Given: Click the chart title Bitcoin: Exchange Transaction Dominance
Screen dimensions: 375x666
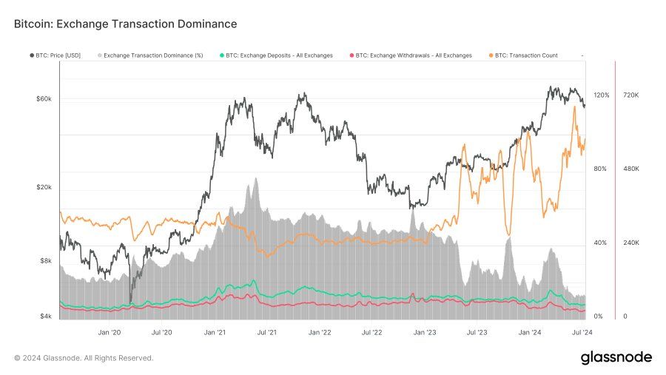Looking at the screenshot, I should point(125,24).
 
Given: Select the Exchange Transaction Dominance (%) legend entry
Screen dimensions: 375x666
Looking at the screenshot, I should point(153,55).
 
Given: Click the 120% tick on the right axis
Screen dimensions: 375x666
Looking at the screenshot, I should point(601,95).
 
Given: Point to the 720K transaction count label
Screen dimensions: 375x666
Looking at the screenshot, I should point(631,95).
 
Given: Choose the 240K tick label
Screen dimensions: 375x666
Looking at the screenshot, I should point(631,243).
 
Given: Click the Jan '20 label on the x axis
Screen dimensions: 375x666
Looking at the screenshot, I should point(109,333).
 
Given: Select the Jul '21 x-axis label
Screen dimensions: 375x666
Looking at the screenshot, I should point(266,333).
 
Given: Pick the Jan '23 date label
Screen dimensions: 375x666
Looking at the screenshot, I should point(425,333).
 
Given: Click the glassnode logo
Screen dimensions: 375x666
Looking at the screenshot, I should point(616,358).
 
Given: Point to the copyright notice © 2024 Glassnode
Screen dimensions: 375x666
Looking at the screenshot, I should point(84,358).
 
